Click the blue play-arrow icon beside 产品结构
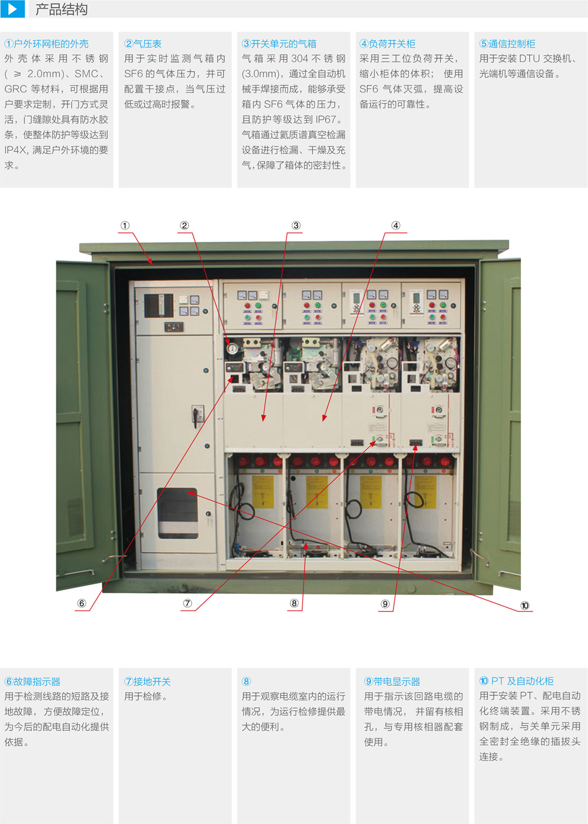pos(12,9)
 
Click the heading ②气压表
pos(142,44)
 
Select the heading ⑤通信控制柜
pos(507,44)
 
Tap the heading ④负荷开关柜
pos(387,44)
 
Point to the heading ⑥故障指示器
pos(32,682)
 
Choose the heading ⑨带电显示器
pos(392,682)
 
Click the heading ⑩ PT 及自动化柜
pos(516,681)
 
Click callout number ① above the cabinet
pos(125,225)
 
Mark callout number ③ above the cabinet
pos(296,225)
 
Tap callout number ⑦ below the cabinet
pos(188,603)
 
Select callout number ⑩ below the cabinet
pos(524,606)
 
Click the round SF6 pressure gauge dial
pos(232,348)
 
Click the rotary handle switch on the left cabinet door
pos(198,416)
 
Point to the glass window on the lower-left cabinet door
pos(178,513)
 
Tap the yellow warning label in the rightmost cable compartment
pos(426,492)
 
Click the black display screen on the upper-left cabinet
pos(158,305)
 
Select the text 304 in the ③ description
pos(299,59)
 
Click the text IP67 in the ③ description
pos(326,119)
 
